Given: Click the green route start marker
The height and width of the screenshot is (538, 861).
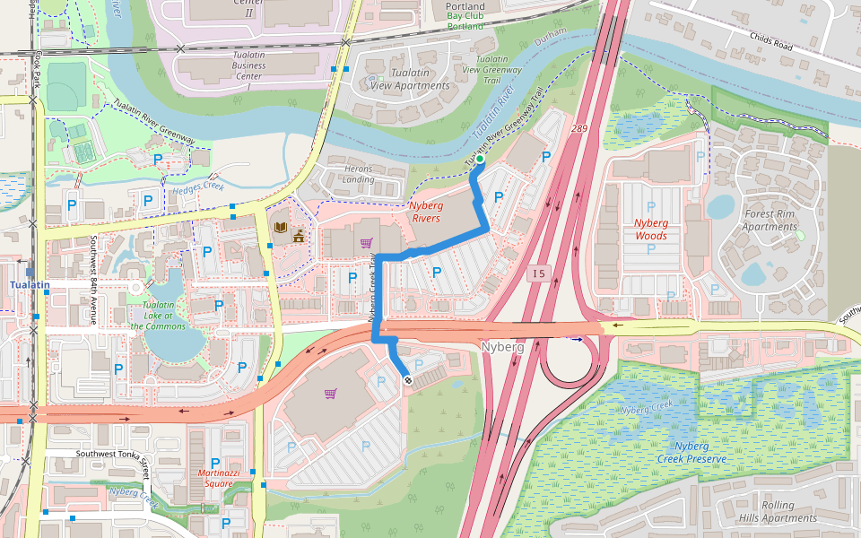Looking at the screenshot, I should click(x=480, y=160).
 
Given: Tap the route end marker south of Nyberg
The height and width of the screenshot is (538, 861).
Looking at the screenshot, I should click(x=408, y=381).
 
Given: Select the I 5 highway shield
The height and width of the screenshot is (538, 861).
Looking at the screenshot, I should click(x=537, y=273).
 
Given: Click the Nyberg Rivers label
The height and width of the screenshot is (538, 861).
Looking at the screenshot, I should click(x=425, y=212).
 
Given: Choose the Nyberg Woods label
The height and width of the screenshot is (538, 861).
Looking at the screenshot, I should click(x=650, y=229).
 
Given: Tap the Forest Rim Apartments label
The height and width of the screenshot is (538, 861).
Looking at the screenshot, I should click(x=770, y=220).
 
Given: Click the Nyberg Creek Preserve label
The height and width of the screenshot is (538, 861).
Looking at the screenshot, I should click(x=688, y=452).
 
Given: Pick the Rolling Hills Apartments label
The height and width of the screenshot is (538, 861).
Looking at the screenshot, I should click(x=778, y=511).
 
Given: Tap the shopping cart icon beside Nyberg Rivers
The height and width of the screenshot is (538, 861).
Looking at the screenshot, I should click(x=366, y=242).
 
